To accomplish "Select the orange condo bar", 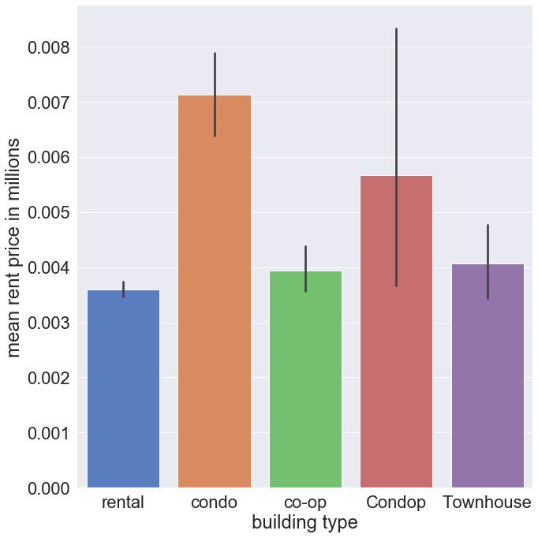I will tap(215, 292).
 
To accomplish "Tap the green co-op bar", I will tap(305, 379).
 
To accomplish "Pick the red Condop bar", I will tap(396, 331).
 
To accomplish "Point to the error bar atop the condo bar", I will tap(215, 95).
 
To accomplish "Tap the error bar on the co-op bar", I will tap(305, 269).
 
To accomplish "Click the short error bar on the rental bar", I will tap(123, 290).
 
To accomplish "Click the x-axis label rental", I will tap(123, 503).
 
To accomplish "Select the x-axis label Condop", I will tap(396, 503).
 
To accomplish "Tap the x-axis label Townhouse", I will tap(487, 503).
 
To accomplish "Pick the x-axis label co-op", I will tap(305, 503).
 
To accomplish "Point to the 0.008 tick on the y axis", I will tap(49, 48).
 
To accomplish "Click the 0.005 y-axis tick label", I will tap(49, 213).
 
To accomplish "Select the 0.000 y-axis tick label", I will tap(49, 488).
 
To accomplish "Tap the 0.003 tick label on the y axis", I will tap(49, 323).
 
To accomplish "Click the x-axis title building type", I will tap(304, 522).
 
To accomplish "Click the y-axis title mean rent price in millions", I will tap(17, 247).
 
